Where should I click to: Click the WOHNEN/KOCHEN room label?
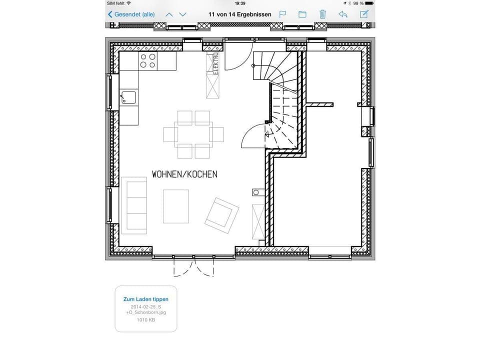point(184,174)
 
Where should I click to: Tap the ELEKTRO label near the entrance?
point(216,63)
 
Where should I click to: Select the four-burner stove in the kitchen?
point(147,61)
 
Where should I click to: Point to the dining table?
point(193,134)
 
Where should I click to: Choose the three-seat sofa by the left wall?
point(134,205)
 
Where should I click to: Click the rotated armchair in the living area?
point(221,215)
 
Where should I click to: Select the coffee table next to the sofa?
point(176,206)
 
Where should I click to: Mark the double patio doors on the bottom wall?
point(193,266)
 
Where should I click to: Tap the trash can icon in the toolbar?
point(322,14)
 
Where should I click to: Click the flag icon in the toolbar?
point(282,14)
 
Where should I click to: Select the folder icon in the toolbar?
point(302,14)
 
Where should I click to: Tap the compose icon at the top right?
point(364,14)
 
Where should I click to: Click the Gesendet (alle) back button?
point(131,14)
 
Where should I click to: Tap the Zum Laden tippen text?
point(146,299)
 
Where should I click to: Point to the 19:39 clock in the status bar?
point(240,3)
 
